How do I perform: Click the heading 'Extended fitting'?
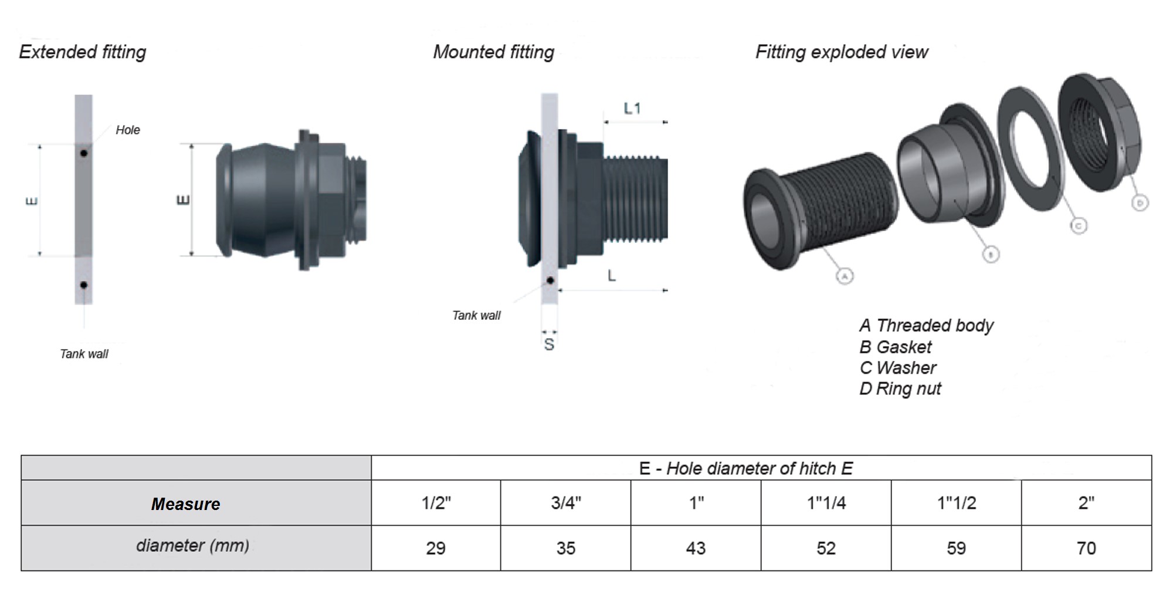(83, 52)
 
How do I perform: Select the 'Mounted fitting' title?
(493, 52)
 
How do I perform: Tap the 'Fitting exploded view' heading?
(841, 52)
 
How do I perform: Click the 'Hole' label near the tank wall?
(127, 130)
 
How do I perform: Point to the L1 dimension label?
(632, 109)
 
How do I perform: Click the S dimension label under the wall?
(549, 345)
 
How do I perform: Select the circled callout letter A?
(844, 276)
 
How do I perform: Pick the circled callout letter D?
(1139, 203)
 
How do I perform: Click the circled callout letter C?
(1078, 226)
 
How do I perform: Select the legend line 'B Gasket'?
(895, 347)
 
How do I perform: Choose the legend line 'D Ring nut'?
(900, 389)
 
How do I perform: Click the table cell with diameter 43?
(696, 548)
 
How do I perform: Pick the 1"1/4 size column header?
(826, 503)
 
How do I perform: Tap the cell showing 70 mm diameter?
(1086, 548)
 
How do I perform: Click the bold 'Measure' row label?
(185, 504)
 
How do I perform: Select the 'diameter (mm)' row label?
(192, 546)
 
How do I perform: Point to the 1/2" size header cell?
(436, 503)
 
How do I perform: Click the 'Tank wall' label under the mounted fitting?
(476, 316)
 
